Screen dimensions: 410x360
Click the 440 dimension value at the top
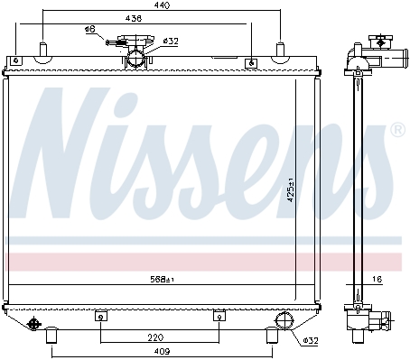[x=162, y=5]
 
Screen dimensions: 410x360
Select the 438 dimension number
[x=134, y=18]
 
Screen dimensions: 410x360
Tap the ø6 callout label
[x=90, y=29]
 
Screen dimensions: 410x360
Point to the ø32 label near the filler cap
[x=171, y=41]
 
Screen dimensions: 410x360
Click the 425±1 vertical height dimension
[x=291, y=189]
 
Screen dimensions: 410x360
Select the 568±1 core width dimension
[x=163, y=280]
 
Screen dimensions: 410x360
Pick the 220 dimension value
[x=155, y=337]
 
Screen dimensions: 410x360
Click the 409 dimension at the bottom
[x=162, y=351]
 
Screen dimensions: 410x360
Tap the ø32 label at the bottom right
[x=311, y=341]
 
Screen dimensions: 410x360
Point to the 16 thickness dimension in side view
[x=377, y=280]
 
